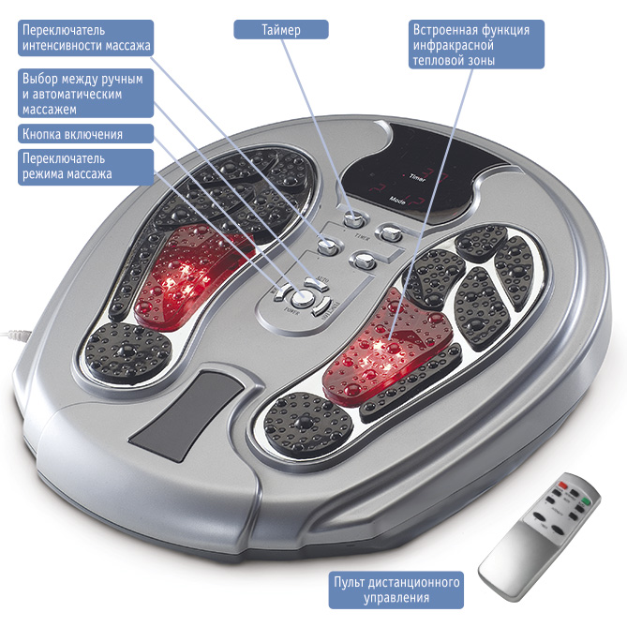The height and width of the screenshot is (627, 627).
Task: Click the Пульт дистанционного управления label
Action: coord(397,590)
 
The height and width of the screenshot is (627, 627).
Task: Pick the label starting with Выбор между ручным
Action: coord(84,94)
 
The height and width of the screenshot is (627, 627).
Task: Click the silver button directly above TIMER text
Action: coord(354,220)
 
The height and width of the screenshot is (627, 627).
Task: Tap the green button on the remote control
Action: coord(586,501)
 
